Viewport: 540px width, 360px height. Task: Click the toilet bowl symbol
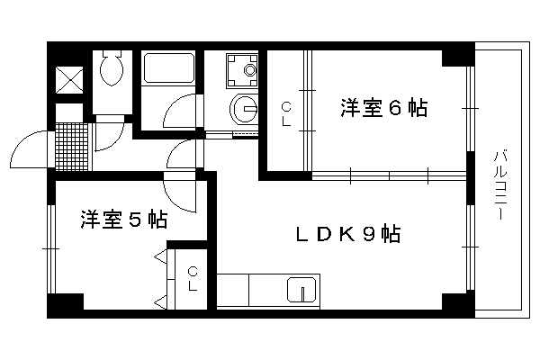tap(112, 68)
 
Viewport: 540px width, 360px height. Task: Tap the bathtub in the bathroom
tap(168, 67)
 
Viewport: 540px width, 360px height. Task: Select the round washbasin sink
tap(244, 109)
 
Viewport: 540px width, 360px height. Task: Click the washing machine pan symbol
tap(242, 70)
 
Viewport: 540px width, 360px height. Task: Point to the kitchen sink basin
tap(301, 290)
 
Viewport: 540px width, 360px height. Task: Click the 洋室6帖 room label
tap(384, 108)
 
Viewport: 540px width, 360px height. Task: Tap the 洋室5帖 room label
tap(124, 220)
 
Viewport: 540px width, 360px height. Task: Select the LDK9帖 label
tap(348, 234)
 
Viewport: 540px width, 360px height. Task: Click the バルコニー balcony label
tap(499, 185)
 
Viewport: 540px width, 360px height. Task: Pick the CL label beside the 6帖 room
tap(286, 114)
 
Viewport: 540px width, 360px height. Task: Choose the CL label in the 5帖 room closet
tap(193, 279)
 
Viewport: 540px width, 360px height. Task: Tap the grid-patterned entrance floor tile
tap(72, 147)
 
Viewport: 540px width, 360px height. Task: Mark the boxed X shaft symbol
tap(69, 80)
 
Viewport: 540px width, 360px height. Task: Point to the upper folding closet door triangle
tap(161, 256)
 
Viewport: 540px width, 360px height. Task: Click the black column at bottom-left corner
tap(66, 305)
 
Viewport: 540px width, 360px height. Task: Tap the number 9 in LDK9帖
tap(368, 235)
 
